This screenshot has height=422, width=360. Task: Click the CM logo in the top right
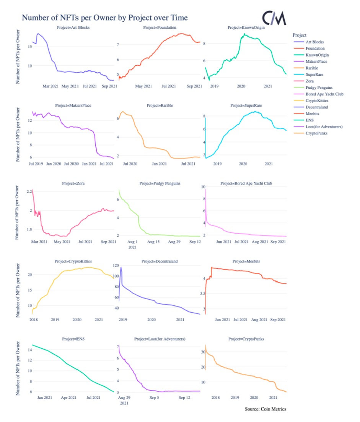pyautogui.click(x=274, y=18)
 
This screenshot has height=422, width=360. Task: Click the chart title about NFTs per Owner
pyautogui.click(x=104, y=18)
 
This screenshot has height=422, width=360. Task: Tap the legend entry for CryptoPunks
pyautogui.click(x=316, y=133)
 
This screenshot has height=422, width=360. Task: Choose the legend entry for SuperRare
pyautogui.click(x=314, y=75)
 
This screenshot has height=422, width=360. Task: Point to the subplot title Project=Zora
pyautogui.click(x=73, y=183)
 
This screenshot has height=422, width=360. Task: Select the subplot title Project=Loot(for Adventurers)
pyautogui.click(x=160, y=339)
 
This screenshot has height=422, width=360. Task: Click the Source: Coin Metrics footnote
pyautogui.click(x=265, y=409)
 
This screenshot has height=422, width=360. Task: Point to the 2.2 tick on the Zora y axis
pyautogui.click(x=29, y=191)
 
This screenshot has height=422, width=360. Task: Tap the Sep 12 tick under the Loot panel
pyautogui.click(x=185, y=398)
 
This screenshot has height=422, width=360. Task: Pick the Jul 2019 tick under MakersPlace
pyautogui.click(x=36, y=164)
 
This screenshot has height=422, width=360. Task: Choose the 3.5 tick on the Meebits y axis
pyautogui.click(x=202, y=294)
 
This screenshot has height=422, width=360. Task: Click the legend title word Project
pyautogui.click(x=299, y=35)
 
